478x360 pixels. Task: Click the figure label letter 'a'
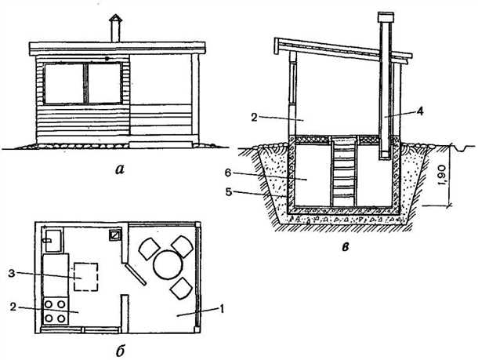120,169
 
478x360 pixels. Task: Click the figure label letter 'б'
120,351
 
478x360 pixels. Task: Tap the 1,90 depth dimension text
444,175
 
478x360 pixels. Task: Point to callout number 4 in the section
420,111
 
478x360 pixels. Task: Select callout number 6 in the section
228,173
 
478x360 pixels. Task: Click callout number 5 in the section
228,192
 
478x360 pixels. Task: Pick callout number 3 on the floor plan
12,273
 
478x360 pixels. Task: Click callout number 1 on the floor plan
222,309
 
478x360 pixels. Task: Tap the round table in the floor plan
168,264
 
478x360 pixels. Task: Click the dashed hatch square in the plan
86,277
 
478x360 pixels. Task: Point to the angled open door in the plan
136,275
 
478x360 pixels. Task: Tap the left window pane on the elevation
64,83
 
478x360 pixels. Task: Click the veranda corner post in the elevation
195,97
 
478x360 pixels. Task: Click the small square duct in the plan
115,235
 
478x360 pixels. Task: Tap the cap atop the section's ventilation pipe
386,17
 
